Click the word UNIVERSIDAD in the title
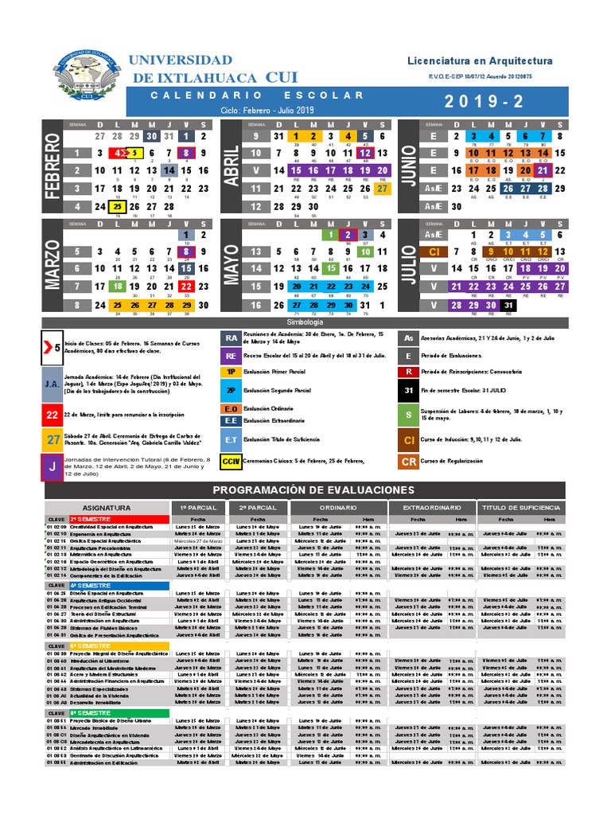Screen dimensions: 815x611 pyautogui.click(x=181, y=60)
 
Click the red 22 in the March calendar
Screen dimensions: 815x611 pyautogui.click(x=186, y=287)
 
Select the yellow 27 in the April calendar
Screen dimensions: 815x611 pyautogui.click(x=383, y=189)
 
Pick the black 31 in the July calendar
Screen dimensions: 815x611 pyautogui.click(x=508, y=305)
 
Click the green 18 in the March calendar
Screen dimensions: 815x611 pyautogui.click(x=117, y=287)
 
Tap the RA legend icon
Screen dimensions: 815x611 pyautogui.click(x=230, y=337)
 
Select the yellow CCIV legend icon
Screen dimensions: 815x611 pyautogui.click(x=230, y=461)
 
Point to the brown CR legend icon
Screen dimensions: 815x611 pyautogui.click(x=408, y=461)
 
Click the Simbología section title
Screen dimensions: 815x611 pyautogui.click(x=305, y=321)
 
